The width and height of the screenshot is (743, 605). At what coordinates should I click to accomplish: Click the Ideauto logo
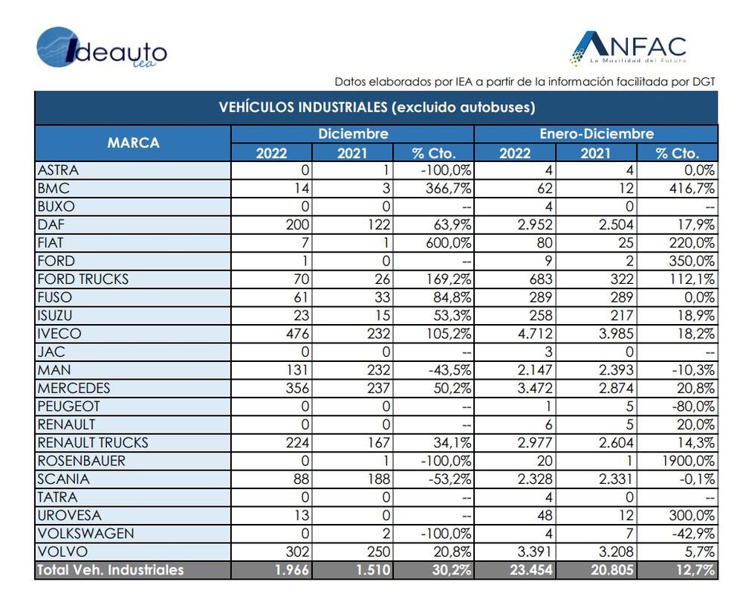tap(102, 48)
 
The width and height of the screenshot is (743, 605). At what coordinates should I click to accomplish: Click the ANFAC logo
tap(628, 48)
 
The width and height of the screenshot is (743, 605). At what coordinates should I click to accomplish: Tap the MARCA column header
tap(133, 143)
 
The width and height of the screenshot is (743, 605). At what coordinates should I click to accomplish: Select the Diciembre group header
tap(353, 134)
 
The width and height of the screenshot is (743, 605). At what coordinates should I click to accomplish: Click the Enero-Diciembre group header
tap(597, 134)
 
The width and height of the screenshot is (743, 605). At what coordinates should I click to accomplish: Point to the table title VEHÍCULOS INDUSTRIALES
tap(377, 107)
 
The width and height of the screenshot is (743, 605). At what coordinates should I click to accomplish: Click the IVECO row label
tap(59, 334)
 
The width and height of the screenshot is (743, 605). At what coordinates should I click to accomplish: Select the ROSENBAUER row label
tap(82, 461)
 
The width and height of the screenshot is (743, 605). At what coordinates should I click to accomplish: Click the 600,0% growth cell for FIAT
tap(448, 243)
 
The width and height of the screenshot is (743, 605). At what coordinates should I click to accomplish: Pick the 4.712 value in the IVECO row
tap(535, 334)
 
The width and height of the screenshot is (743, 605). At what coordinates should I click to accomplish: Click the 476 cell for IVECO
tap(297, 334)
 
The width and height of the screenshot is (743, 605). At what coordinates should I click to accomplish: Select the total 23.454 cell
tap(531, 570)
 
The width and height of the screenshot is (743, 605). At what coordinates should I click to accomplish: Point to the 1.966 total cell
tap(292, 570)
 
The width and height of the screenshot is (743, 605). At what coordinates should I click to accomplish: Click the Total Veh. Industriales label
tap(111, 570)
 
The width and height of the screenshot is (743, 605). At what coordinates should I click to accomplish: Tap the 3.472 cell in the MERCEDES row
tap(535, 388)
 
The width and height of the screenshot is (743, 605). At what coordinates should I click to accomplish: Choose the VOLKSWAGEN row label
tap(85, 534)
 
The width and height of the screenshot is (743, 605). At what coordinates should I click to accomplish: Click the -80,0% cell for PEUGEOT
tap(694, 407)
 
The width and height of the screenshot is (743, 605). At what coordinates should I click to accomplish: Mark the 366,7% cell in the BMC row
tap(448, 188)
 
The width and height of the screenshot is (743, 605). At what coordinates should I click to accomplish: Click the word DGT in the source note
tap(704, 82)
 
